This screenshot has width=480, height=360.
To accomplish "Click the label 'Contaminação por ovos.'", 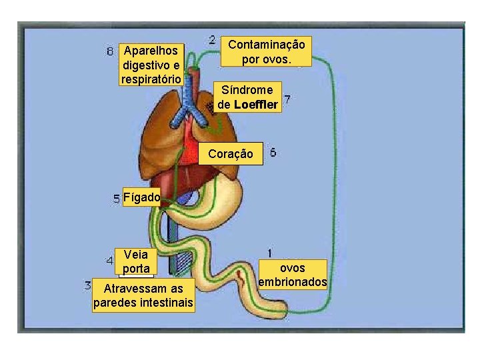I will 267,51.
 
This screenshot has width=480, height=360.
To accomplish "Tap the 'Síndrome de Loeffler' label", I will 247,97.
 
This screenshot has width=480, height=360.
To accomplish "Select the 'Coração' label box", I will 231,154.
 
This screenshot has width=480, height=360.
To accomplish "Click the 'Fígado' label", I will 141,197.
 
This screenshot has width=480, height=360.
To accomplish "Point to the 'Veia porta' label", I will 136,261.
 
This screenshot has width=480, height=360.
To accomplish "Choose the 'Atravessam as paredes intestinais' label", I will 143,296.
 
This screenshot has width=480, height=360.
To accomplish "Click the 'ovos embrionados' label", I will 292,275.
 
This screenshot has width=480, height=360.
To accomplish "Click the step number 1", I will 269,253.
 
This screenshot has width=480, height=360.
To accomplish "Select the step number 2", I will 212,40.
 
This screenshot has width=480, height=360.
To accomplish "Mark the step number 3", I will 88,285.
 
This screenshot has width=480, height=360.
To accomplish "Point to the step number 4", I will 109,259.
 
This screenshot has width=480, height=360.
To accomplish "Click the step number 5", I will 117,198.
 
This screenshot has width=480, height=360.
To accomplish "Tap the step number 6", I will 273,153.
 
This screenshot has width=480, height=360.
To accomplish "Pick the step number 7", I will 287,99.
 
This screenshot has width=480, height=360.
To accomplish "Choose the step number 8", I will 111,51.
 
